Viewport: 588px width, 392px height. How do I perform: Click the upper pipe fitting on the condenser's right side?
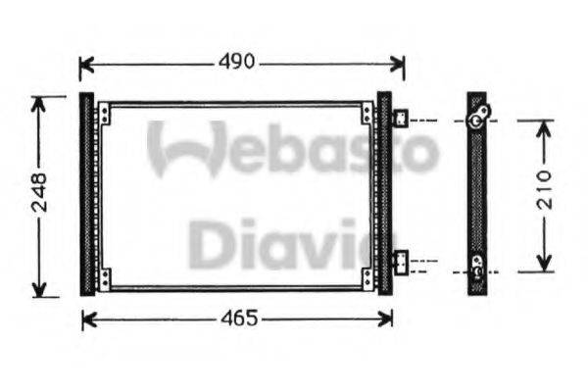tap(401, 120)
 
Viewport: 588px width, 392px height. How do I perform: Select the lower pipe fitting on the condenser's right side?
tap(401, 262)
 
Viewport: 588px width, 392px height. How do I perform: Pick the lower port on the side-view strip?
tap(477, 263)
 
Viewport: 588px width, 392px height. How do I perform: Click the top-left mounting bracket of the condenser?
tap(104, 115)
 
